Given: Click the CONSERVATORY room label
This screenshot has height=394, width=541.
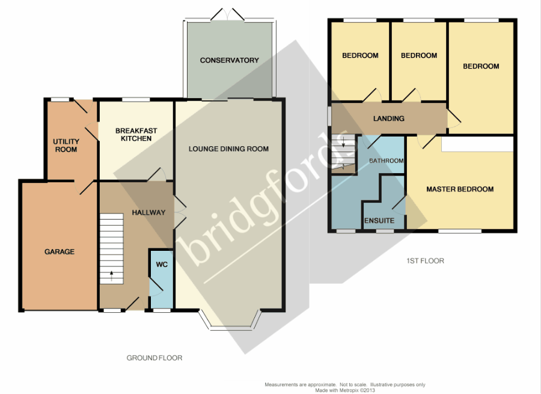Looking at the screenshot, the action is click(x=230, y=60).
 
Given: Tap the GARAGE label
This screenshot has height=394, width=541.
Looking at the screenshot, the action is click(x=60, y=251).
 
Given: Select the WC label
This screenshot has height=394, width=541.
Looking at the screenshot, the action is click(x=162, y=265).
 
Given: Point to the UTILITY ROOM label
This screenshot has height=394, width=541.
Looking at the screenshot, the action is click(x=66, y=146).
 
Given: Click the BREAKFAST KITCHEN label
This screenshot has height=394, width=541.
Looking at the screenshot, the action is click(x=136, y=135).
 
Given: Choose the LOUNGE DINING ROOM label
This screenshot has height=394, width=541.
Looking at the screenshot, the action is click(x=229, y=149).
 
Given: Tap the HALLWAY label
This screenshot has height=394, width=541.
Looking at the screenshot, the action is click(x=148, y=212).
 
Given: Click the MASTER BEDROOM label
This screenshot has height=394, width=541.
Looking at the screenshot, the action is click(x=460, y=189).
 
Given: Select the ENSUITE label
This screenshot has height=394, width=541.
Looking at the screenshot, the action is click(x=379, y=221).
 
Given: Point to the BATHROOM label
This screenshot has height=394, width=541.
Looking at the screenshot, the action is click(x=387, y=161).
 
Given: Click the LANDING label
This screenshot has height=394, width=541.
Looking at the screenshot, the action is click(x=389, y=119).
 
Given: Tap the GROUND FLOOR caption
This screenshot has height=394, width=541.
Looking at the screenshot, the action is click(x=154, y=358).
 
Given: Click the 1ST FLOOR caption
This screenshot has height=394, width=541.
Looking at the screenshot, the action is click(x=425, y=261).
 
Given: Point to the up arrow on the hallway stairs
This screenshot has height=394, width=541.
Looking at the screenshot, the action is click(x=111, y=276).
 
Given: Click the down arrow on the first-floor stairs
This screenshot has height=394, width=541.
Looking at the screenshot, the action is click(x=344, y=141).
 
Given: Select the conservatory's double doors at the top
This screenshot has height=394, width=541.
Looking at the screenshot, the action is click(x=227, y=15).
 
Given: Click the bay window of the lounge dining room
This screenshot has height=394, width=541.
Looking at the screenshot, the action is click(x=230, y=325).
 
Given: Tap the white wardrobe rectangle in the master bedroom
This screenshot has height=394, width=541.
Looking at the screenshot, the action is click(x=477, y=144).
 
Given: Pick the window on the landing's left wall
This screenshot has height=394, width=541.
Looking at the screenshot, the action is click(x=329, y=116).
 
